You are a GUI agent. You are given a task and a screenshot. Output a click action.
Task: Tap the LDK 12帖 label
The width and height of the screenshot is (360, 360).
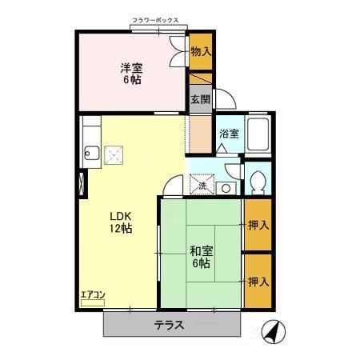pyautogui.click(x=121, y=222)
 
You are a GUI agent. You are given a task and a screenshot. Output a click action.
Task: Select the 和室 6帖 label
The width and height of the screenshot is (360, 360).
pyautogui.click(x=200, y=257)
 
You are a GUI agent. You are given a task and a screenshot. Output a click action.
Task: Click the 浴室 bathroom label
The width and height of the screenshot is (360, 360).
pyautogui.click(x=228, y=134)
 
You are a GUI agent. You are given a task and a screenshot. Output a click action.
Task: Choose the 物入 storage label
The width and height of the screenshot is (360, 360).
pyautogui.click(x=201, y=52)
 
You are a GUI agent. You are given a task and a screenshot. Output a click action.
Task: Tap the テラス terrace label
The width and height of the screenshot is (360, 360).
pyautogui.click(x=170, y=326)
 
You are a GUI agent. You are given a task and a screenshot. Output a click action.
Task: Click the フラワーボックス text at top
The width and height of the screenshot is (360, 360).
pyautogui.click(x=160, y=22)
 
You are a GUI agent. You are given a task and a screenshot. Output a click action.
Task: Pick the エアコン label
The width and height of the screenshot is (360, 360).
pyautogui.click(x=93, y=295)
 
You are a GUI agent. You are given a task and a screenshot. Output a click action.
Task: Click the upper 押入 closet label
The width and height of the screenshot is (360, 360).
pyautogui.click(x=258, y=225)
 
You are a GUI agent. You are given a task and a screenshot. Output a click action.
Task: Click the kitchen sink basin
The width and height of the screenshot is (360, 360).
pyautogui.click(x=90, y=154)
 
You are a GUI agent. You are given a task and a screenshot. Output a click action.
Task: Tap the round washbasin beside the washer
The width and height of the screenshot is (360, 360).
pyautogui.click(x=226, y=189)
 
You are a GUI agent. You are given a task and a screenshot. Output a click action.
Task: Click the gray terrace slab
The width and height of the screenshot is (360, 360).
pyautogui.click(x=128, y=326)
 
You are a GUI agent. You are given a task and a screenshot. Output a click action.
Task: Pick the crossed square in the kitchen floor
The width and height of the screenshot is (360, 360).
pyautogui.click(x=116, y=154)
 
